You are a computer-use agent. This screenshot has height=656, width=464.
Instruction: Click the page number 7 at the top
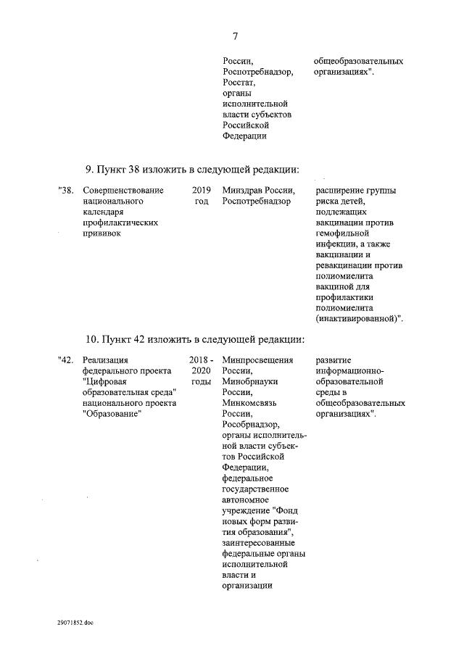[x=235, y=36]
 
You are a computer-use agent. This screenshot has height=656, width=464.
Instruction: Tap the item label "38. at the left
[x=66, y=191]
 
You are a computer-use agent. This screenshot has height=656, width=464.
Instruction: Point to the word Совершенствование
[x=123, y=191]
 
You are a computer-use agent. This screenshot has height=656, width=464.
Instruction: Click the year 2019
[x=202, y=191]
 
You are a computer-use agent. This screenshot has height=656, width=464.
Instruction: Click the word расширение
[x=344, y=191]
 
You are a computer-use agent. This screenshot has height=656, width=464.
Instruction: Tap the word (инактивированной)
[x=359, y=318]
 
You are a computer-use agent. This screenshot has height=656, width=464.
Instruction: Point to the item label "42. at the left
[x=66, y=360]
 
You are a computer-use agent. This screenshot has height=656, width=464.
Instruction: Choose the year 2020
[x=202, y=371]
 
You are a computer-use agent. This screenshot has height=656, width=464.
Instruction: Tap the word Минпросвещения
[x=259, y=360]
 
